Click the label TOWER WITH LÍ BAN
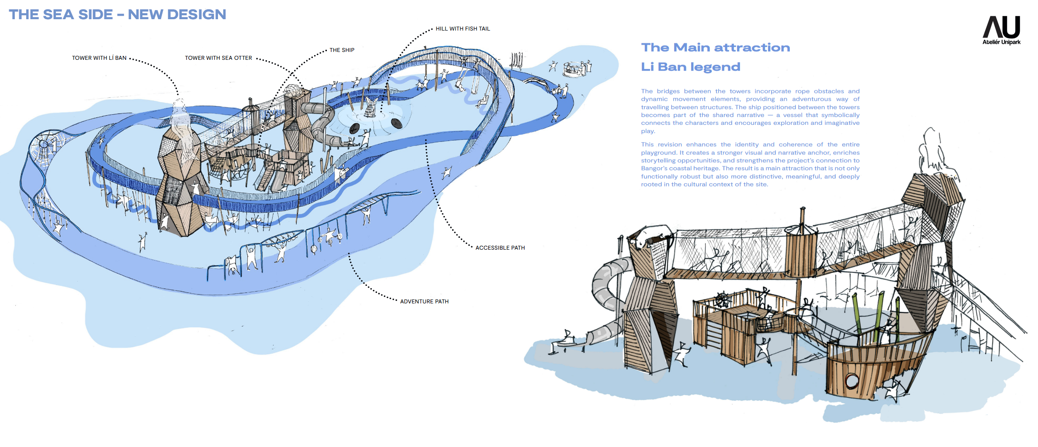(x=99, y=58)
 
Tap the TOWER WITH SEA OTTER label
(x=218, y=58)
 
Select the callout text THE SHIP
(x=342, y=50)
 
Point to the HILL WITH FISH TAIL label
(x=463, y=29)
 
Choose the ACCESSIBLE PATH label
(x=500, y=248)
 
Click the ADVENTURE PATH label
(x=424, y=302)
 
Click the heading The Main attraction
(x=715, y=48)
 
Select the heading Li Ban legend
(x=690, y=67)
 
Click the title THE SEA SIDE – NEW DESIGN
(x=118, y=14)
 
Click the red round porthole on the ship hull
(x=851, y=381)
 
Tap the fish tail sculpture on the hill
(x=370, y=107)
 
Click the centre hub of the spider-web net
(x=44, y=144)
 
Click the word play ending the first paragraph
(x=647, y=131)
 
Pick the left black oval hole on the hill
(x=354, y=128)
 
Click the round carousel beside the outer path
(x=574, y=69)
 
